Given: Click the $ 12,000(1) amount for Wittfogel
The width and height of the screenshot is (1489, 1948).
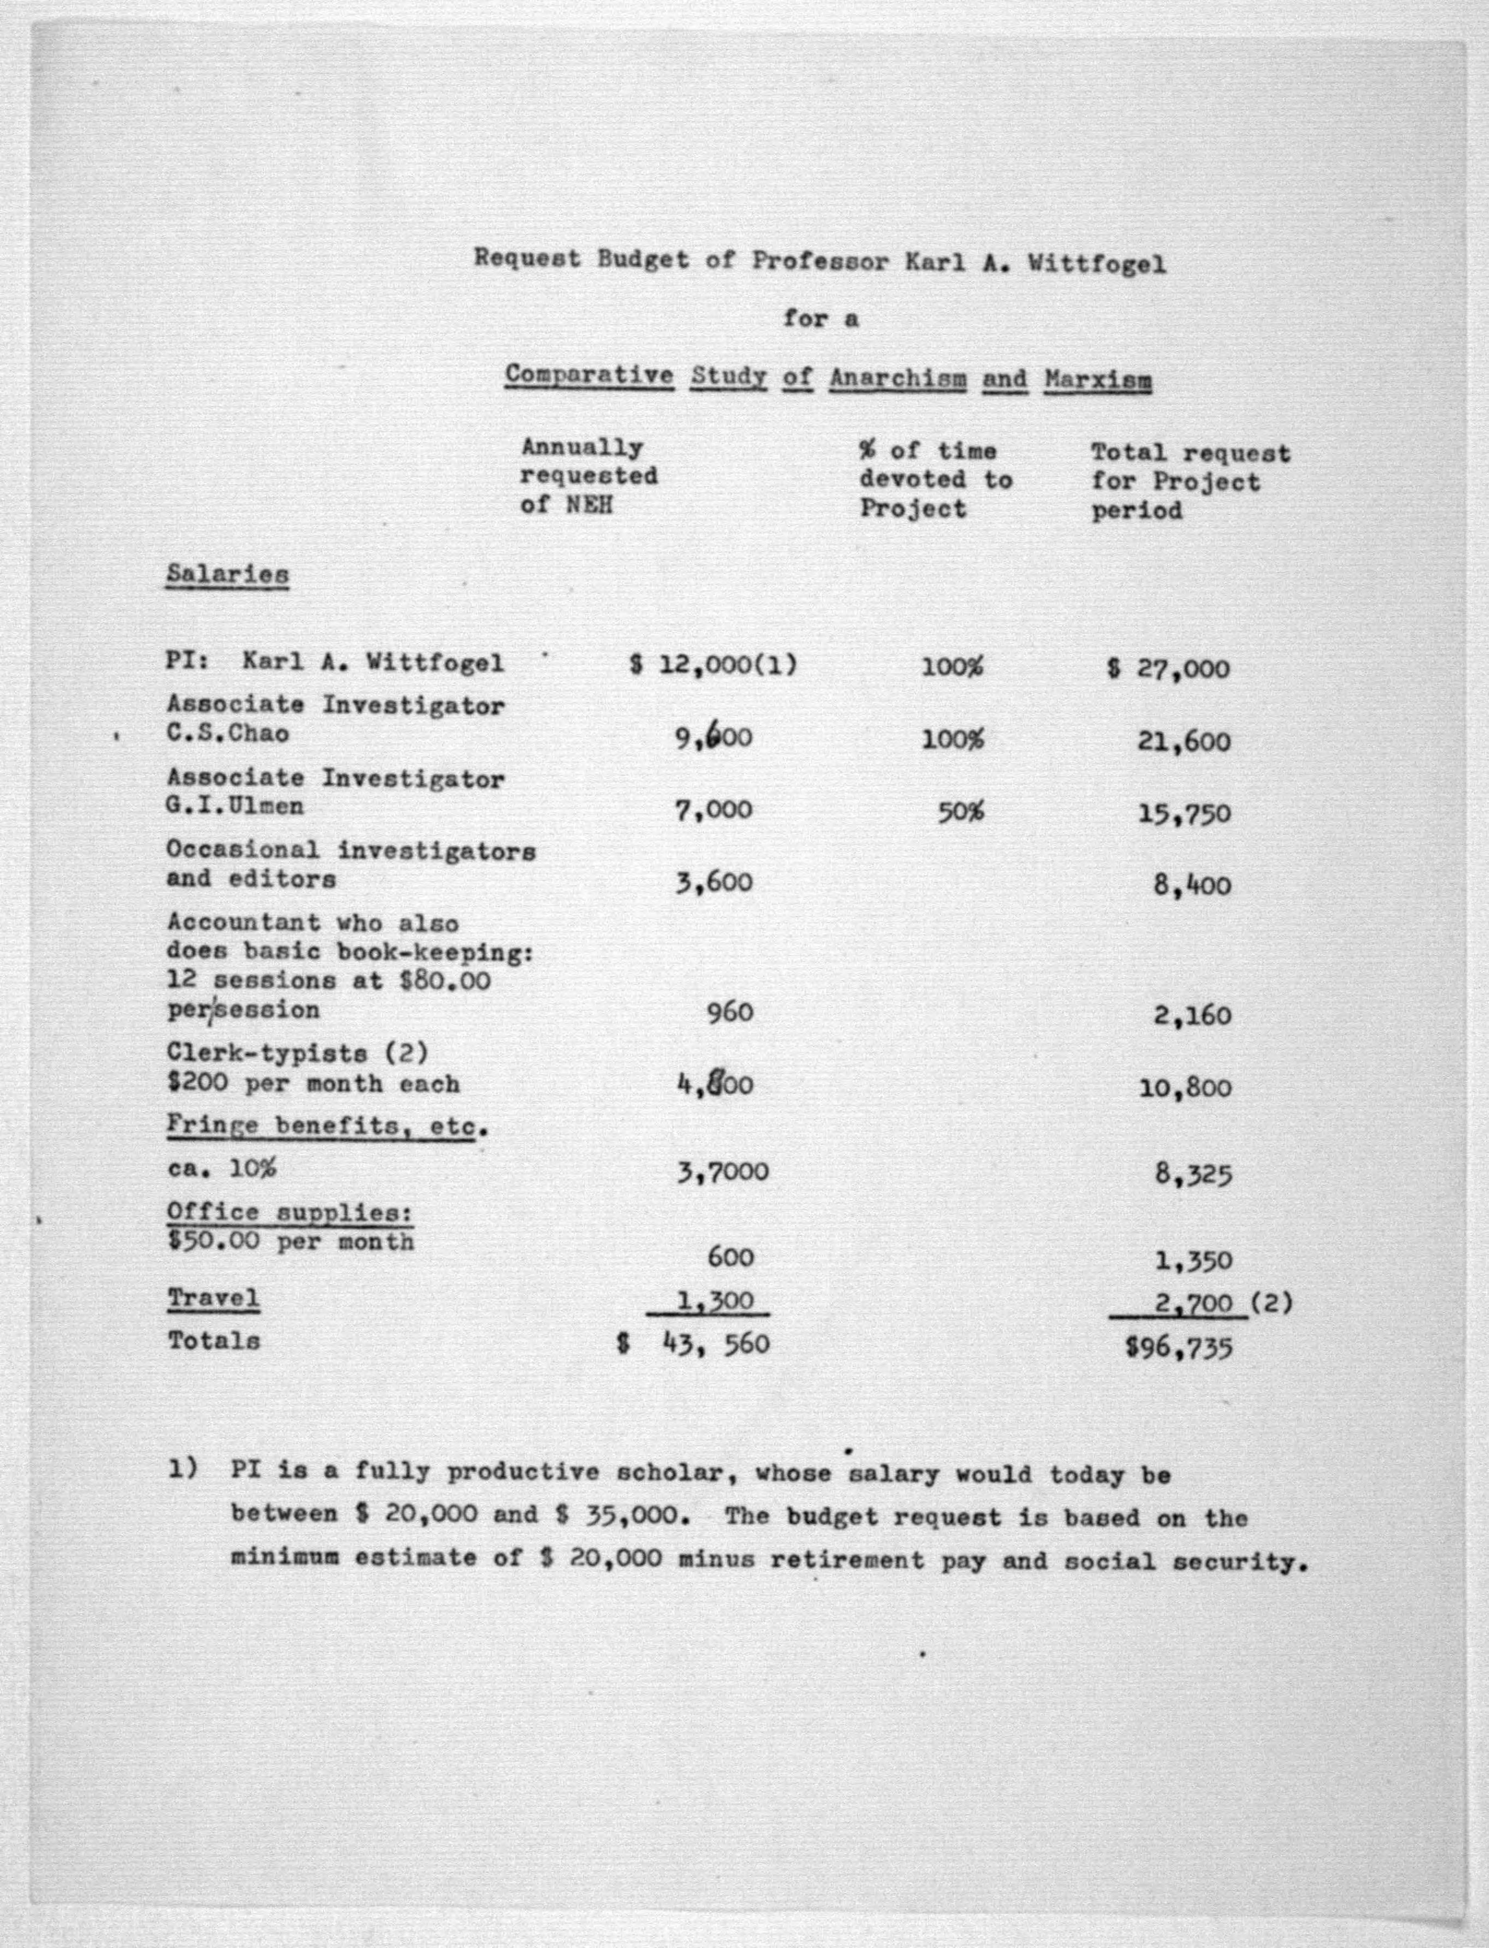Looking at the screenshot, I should pos(713,664).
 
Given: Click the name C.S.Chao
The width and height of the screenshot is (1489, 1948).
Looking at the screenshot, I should pos(227,734).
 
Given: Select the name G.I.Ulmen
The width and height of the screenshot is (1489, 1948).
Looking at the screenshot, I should pos(235,806).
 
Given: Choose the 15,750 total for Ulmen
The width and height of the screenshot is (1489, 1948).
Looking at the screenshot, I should pos(1184,813).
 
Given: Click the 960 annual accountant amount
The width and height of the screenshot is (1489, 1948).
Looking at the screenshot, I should pos(729,1012).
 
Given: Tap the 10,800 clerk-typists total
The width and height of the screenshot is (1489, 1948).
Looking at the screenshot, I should pos(1185,1088).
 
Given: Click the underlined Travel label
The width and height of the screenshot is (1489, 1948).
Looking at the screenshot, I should pos(213,1298).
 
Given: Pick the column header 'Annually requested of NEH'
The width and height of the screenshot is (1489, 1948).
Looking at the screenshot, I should pos(589,476).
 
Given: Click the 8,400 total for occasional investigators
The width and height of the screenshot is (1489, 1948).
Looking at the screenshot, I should pos(1192,886).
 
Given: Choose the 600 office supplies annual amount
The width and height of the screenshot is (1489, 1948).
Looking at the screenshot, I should pos(731,1257).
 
